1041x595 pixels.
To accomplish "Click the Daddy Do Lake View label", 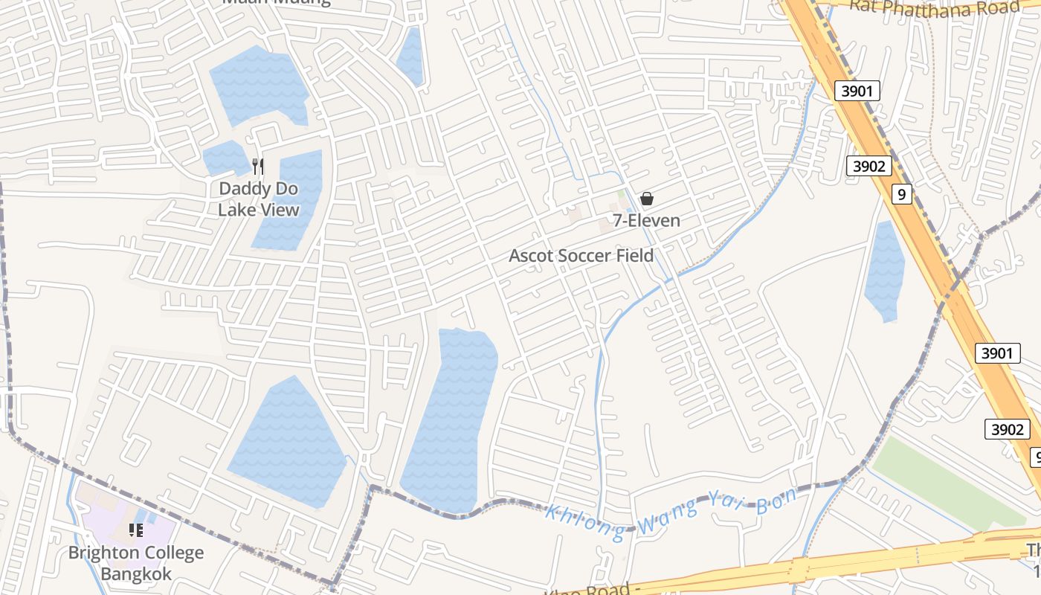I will coord(258,199).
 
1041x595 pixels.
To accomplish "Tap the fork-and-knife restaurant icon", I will coord(258,167).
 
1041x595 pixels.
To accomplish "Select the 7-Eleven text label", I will coord(646,221).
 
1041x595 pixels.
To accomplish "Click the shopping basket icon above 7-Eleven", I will coord(647,199).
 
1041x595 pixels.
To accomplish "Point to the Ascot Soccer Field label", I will coord(581,256).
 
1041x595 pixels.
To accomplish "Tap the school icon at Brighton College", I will coord(135,530).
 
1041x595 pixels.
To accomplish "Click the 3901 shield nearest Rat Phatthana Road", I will coord(857,91).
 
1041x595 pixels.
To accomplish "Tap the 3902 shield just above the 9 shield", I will coord(868,166).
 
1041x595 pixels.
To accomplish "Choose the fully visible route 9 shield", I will coord(902,195).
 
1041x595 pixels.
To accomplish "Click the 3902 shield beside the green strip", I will coord(1007,429).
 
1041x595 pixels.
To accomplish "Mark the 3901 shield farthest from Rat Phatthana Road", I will coord(996,353).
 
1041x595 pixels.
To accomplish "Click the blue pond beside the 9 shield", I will coord(884,271).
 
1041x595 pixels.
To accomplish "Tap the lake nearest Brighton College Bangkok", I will coord(286,443).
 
